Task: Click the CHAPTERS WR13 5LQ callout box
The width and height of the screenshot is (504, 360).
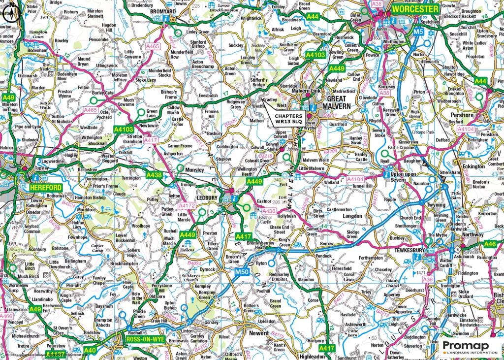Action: pos(288,118)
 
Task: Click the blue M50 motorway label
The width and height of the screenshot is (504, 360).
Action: pos(242,271)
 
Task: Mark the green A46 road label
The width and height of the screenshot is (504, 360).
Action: pos(491,244)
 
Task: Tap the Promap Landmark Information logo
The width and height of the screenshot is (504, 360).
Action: pos(469,347)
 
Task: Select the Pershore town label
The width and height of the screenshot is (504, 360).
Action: pos(461,115)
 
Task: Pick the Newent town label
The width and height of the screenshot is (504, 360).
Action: pos(259,333)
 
